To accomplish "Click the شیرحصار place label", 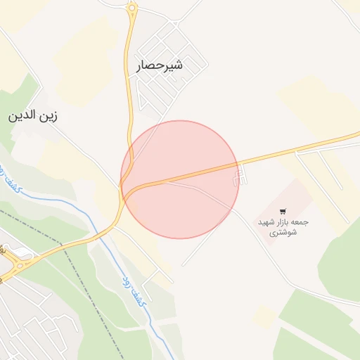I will [160, 66].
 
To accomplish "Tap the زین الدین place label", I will [32, 116].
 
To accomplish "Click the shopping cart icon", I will [283, 211].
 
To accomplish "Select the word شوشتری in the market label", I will [283, 233].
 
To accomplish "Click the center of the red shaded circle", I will [180, 179].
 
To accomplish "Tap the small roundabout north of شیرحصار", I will [131, 9].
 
